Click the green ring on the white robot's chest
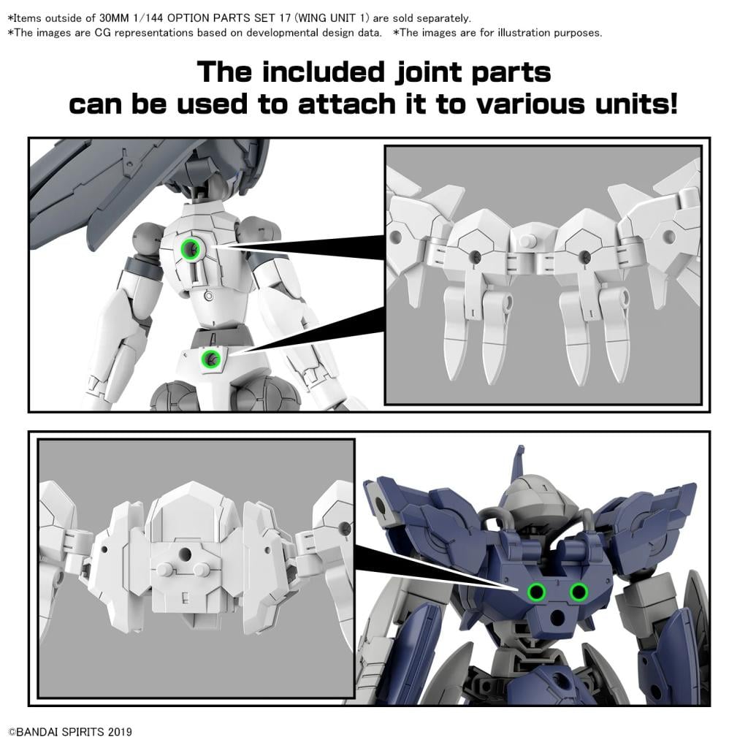(191, 250)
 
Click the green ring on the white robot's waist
(211, 358)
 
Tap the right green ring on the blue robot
(579, 591)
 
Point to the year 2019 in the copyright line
(119, 731)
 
